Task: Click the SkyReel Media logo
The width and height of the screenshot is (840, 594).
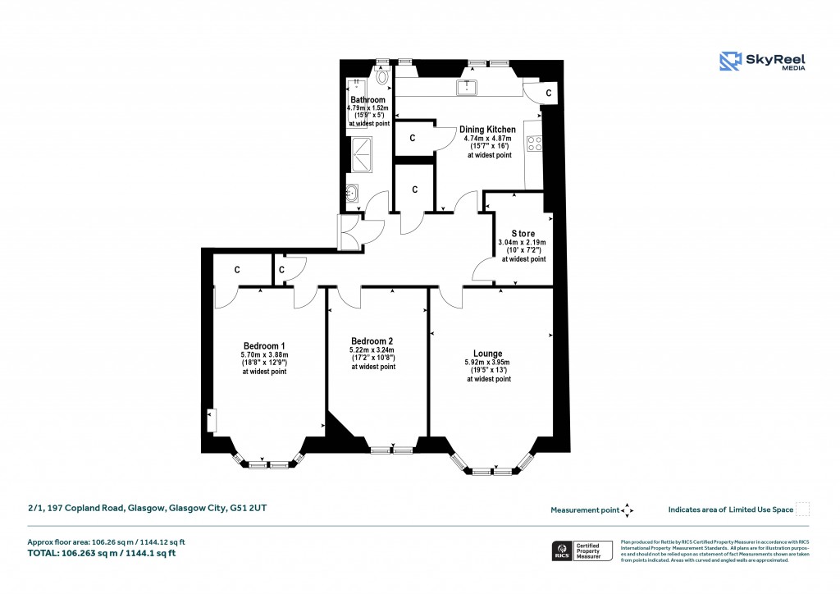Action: coord(762,62)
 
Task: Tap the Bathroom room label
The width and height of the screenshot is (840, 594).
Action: coord(367,100)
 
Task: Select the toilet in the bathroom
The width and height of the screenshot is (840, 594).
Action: coord(383,76)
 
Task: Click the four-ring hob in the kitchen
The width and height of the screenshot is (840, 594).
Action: coord(534,144)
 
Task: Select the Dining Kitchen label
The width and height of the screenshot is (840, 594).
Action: coord(487,130)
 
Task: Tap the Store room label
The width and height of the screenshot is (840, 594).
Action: coord(523,234)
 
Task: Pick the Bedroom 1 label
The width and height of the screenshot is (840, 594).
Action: coord(264,345)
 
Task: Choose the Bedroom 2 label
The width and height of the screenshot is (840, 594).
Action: coord(372,341)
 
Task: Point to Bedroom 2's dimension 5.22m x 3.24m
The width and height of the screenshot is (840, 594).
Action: coord(373,350)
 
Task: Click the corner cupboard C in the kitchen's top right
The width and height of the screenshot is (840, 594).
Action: coord(548,94)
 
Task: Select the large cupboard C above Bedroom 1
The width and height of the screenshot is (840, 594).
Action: coord(237,269)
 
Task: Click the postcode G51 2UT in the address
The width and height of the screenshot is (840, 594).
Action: coord(248,509)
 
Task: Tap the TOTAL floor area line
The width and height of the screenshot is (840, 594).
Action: coord(102,553)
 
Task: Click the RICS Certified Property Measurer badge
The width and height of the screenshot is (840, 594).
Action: coord(581,550)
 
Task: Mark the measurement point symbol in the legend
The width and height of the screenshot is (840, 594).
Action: coord(628,509)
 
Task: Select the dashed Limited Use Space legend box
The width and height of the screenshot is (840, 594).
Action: coord(803,509)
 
